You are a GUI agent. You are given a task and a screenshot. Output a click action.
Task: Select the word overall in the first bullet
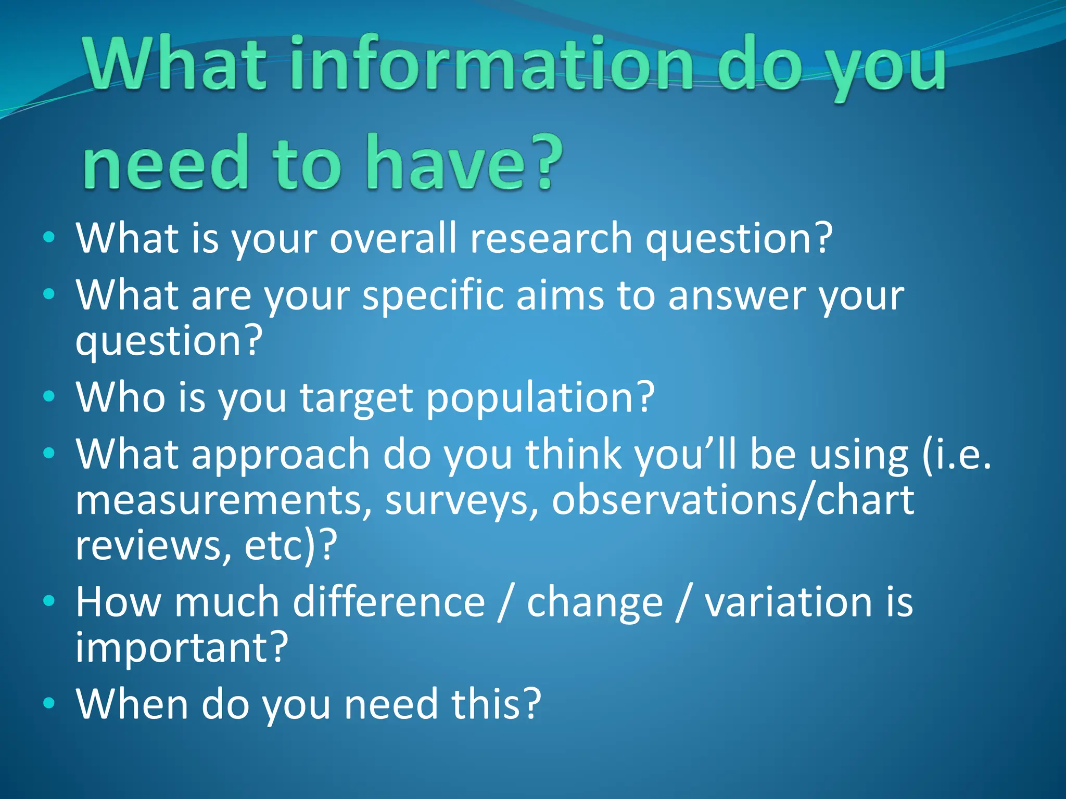pyautogui.click(x=393, y=238)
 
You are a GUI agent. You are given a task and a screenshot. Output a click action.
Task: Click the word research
pyautogui.click(x=551, y=238)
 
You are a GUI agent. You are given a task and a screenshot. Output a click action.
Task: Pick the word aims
pyautogui.click(x=560, y=295)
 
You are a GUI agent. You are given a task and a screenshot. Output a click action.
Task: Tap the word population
pyautogui.click(x=539, y=398)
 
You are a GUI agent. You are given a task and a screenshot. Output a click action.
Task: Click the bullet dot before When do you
pyautogui.click(x=49, y=704)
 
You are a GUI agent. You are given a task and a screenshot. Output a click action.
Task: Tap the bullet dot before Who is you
pyautogui.click(x=49, y=397)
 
